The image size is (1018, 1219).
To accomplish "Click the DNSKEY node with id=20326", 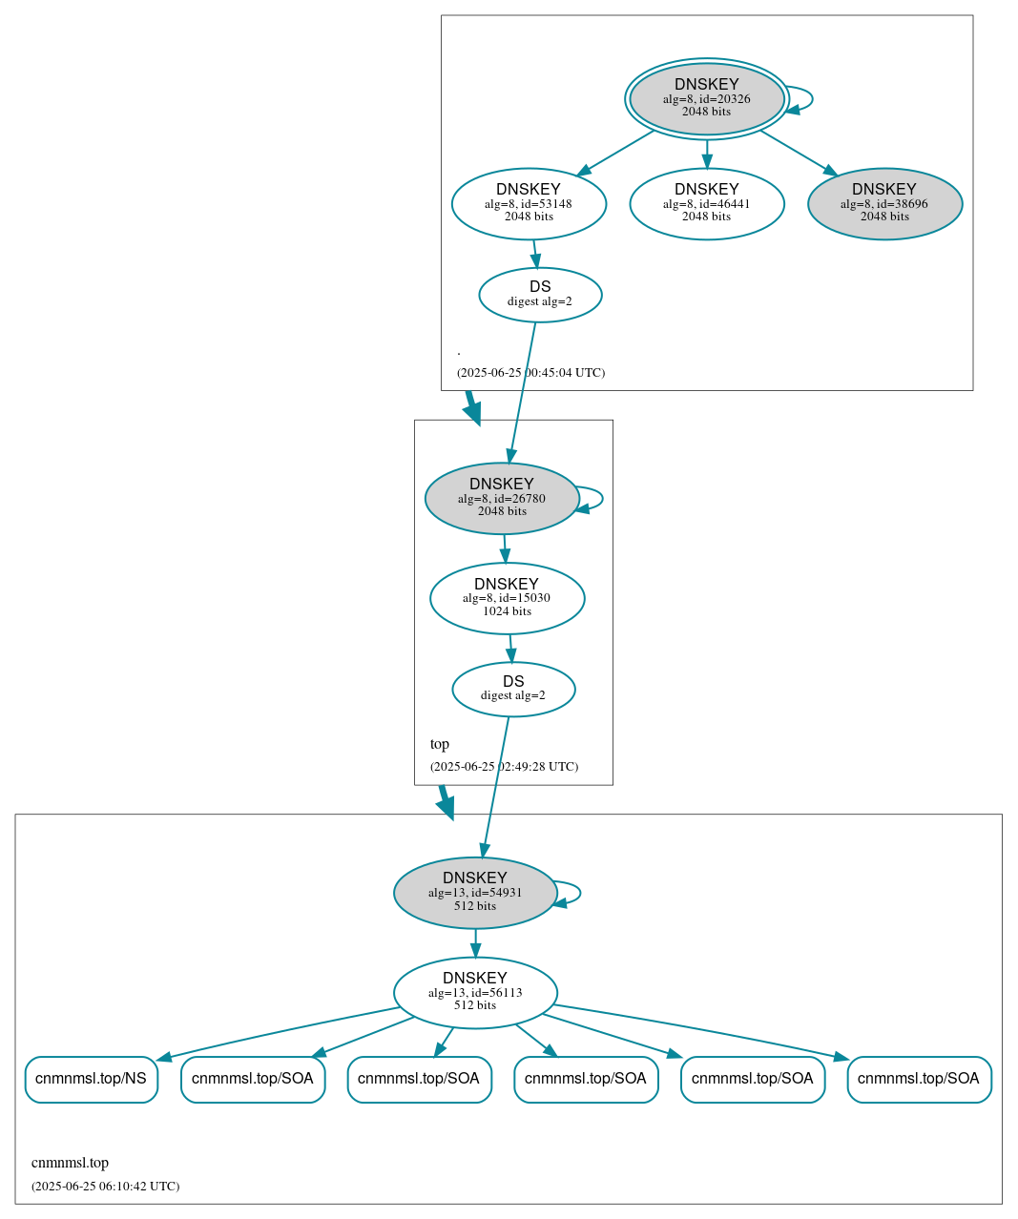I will pos(706,98).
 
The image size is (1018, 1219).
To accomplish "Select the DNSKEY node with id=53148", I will pos(529,203).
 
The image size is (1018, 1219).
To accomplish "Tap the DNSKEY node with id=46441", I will pos(706,203).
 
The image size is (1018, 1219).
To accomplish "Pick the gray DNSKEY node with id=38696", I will pos(884,203).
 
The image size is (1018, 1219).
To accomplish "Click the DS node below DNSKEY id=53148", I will pos(540,295).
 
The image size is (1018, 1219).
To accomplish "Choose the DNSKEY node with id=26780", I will pos(502,498).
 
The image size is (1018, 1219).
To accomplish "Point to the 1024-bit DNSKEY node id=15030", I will pos(507,598).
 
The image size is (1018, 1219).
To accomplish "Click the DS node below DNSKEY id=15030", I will pos(513,689).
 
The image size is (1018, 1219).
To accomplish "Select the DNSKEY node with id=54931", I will pos(475,893).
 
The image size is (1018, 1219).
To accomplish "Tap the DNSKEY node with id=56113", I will pos(475,993).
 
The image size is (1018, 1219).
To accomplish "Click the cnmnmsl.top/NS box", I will pos(91,1079).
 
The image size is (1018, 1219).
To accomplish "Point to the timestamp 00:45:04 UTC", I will pos(530,373).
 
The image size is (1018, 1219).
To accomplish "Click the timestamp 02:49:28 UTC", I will pos(504,767).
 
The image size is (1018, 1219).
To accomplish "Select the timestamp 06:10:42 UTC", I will pos(105,1187).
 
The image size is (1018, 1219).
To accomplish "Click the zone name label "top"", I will pos(440,744).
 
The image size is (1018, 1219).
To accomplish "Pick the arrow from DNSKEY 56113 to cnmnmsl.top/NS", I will pos(277,1031).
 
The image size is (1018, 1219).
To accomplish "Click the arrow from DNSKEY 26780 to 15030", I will pos(505,548).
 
